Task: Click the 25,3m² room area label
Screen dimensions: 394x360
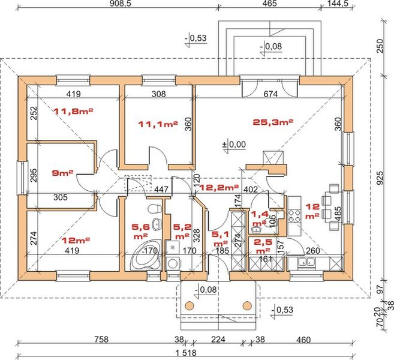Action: (x=273, y=122)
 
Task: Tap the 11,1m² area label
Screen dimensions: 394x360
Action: (x=158, y=124)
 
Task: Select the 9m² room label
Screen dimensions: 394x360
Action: (x=62, y=173)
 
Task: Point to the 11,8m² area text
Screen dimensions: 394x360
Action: (x=74, y=111)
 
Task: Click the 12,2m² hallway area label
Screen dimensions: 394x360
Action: (x=219, y=187)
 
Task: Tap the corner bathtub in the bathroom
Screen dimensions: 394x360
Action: (x=146, y=254)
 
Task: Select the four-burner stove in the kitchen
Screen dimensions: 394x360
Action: (x=294, y=216)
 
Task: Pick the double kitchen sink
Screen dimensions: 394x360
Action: (x=306, y=262)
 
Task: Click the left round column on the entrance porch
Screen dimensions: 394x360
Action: (x=190, y=305)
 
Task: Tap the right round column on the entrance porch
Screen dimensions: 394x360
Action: (x=247, y=305)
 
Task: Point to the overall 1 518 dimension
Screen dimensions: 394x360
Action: (x=186, y=353)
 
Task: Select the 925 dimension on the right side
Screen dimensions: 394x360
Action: (x=381, y=178)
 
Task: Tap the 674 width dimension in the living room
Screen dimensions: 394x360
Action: (x=270, y=94)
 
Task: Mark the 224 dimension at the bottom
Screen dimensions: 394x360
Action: (x=218, y=340)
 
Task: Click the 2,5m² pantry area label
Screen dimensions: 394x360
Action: (x=263, y=247)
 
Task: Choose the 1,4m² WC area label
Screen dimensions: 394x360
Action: (x=260, y=218)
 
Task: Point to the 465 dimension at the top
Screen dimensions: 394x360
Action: (x=269, y=3)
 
